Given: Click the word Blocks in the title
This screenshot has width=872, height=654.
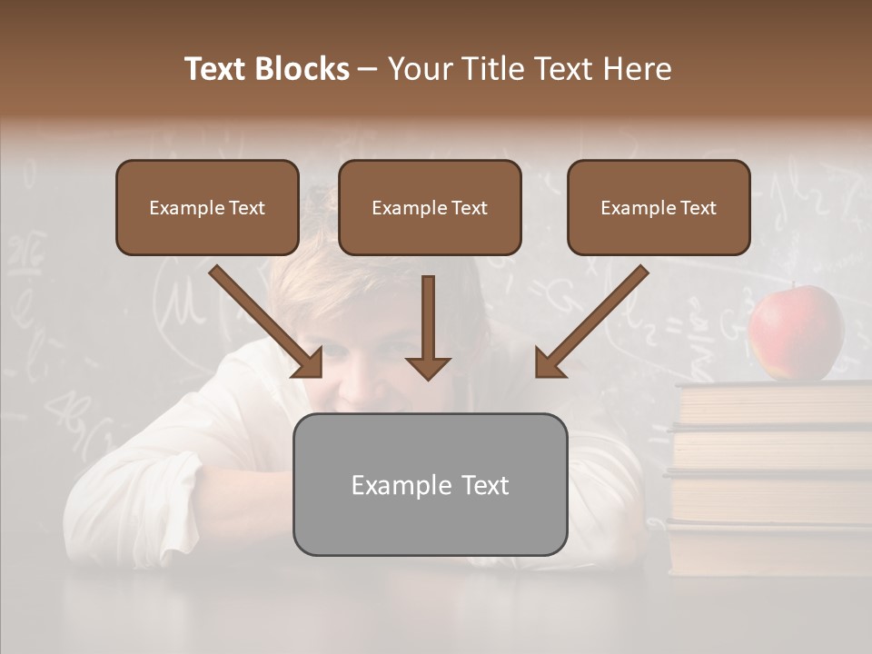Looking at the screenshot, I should coord(302,69).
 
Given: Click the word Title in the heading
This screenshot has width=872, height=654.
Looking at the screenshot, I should coord(490,69).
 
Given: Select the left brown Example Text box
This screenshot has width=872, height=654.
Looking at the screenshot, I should coord(207,208).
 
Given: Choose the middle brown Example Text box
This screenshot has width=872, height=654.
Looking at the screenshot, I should coord(430,208).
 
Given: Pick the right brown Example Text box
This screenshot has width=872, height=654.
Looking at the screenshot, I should coord(659,208).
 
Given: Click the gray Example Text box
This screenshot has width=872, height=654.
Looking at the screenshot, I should coord(430,484).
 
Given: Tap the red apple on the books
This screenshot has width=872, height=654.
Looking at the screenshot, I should coord(796,332).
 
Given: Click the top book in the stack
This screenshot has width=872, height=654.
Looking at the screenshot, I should coord(772,403).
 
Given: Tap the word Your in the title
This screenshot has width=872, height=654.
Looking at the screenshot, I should coord(419,69).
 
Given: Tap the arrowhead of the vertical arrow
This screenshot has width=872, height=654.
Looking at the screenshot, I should coord(428,367).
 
